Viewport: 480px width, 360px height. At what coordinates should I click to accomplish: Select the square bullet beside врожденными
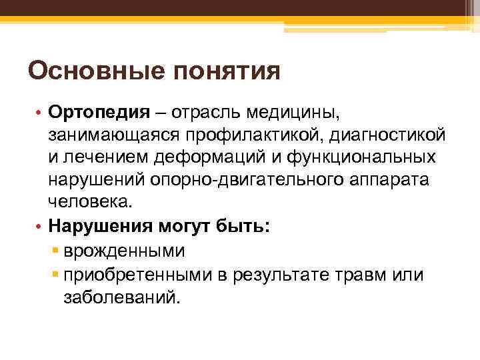(x=55, y=251)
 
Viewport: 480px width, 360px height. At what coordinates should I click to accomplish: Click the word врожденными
(x=125, y=251)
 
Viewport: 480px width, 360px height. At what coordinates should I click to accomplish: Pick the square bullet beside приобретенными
(x=55, y=274)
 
